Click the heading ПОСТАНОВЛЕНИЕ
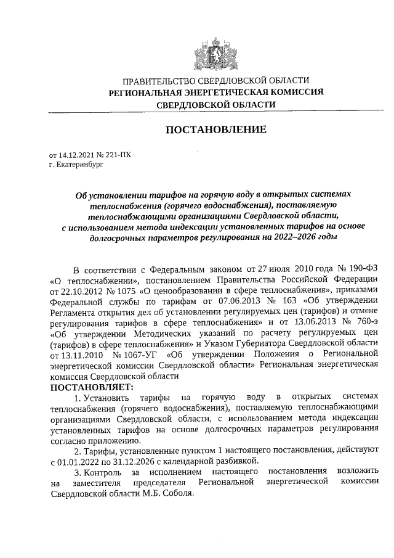pyautogui.click(x=215, y=130)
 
